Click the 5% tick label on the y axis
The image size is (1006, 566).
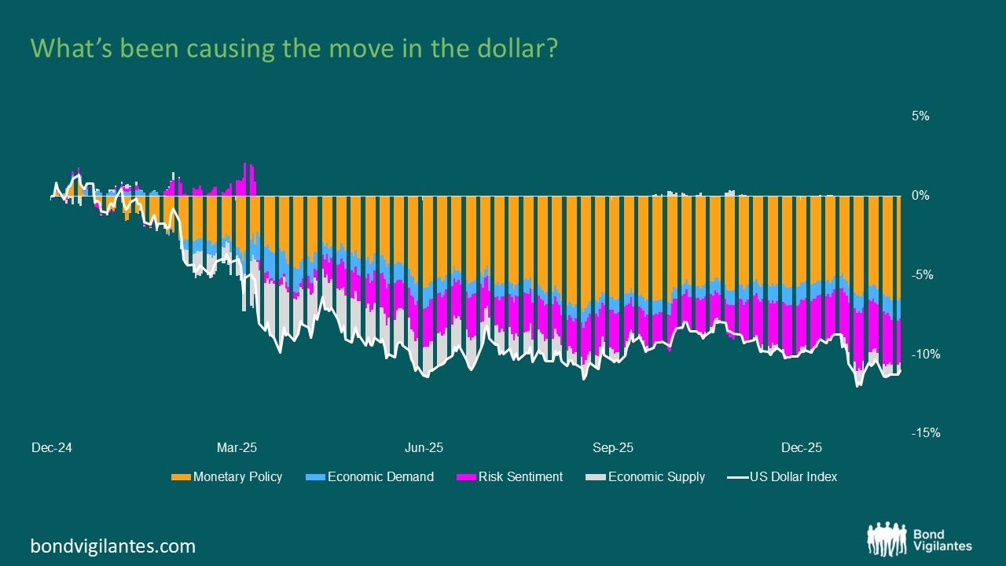pyautogui.click(x=920, y=116)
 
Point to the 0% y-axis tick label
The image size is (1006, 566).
pyautogui.click(x=920, y=196)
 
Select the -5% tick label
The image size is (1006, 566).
pyautogui.click(x=920, y=275)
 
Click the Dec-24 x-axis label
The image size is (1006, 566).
pyautogui.click(x=52, y=448)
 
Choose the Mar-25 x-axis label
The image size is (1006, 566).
pyautogui.click(x=237, y=448)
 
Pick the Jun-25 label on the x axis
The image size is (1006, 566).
pyautogui.click(x=424, y=448)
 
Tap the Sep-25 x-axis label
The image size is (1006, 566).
pyautogui.click(x=613, y=448)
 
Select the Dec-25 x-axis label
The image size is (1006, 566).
pyautogui.click(x=802, y=448)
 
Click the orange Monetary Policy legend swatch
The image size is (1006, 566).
pyautogui.click(x=181, y=476)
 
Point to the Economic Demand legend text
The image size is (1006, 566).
pyautogui.click(x=380, y=476)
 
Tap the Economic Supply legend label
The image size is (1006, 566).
pyautogui.click(x=656, y=476)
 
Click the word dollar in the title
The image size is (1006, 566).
pyautogui.click(x=510, y=49)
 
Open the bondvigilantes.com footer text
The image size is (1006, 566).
pyautogui.click(x=113, y=546)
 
